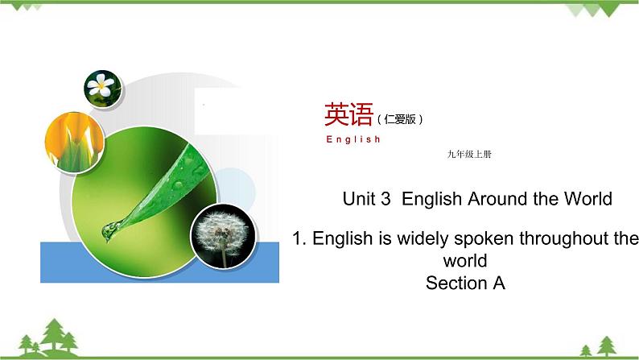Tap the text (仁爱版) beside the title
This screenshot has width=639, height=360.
coord(399,119)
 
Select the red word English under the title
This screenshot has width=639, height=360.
coord(353,139)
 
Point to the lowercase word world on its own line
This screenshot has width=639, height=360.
coord(465,261)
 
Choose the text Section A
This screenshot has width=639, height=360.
coord(465,283)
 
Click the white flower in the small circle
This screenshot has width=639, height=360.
coord(102,86)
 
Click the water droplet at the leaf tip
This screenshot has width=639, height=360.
coord(108,231)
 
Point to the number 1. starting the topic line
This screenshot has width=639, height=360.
coord(299,239)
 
